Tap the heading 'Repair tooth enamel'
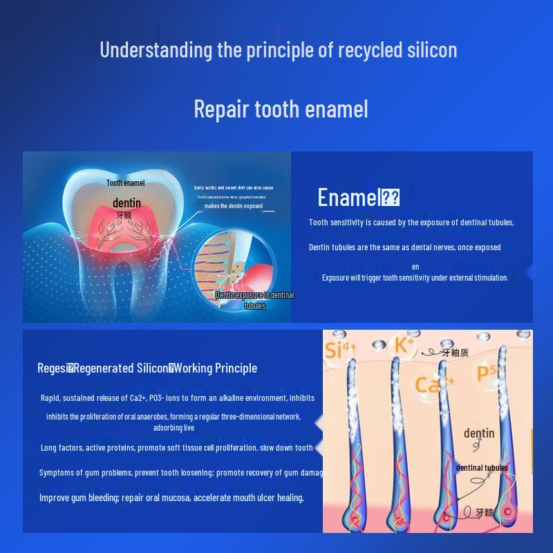[281, 109]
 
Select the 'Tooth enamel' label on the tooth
[125, 183]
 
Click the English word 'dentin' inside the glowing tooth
[126, 203]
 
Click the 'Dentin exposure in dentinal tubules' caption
[254, 300]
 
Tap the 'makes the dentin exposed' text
[233, 206]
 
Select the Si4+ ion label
[340, 349]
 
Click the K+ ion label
[404, 344]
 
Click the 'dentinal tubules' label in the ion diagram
[482, 468]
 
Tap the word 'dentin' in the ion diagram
[479, 433]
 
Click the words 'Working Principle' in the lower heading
[216, 368]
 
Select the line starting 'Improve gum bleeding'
[171, 498]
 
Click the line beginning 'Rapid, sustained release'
[178, 397]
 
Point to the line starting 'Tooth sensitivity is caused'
[411, 223]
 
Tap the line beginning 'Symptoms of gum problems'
[181, 473]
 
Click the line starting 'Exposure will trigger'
[415, 278]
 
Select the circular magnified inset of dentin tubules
[235, 266]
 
